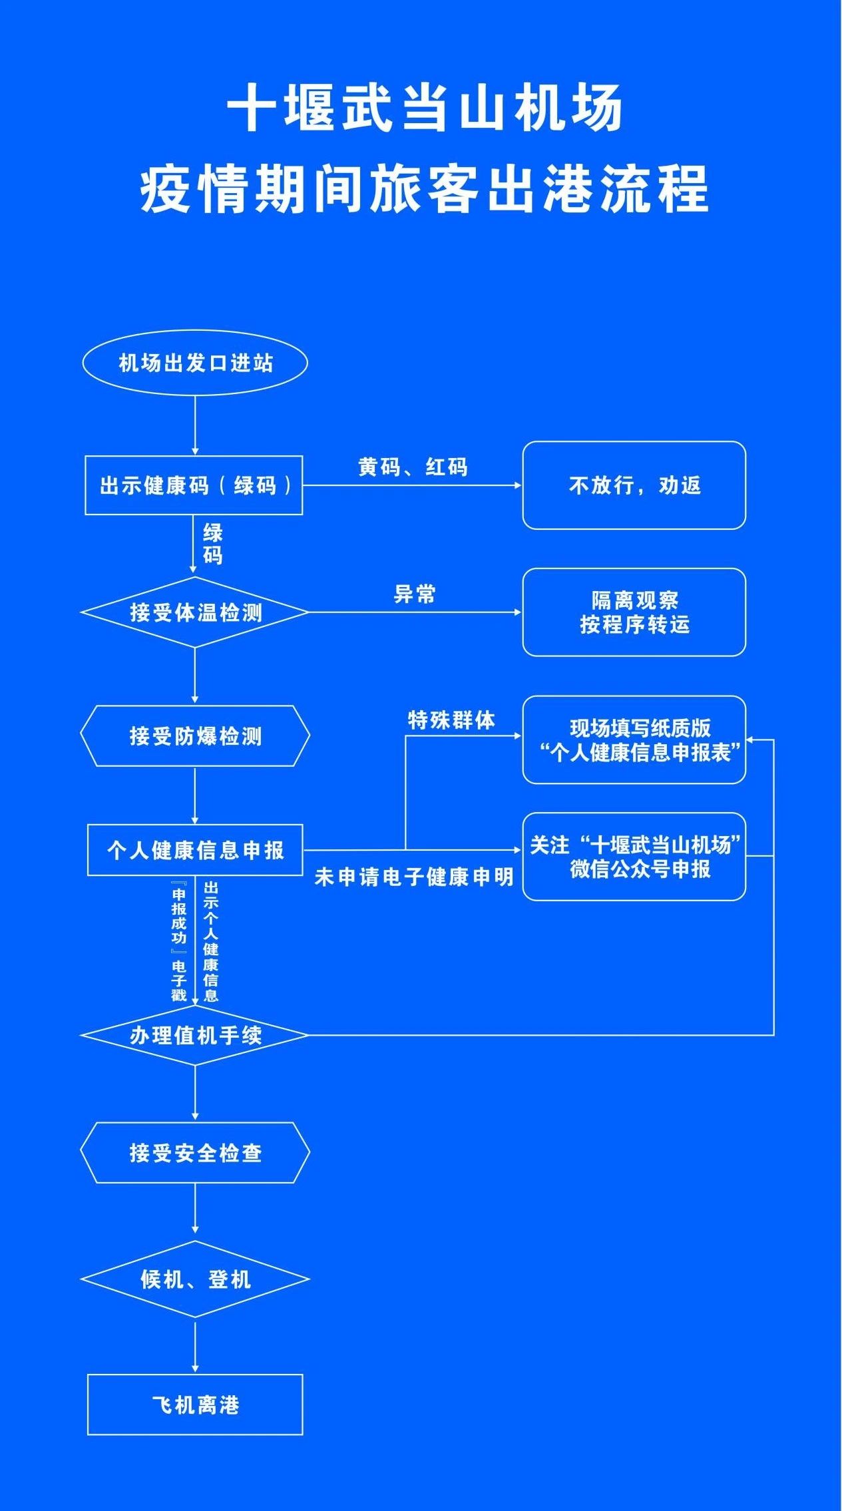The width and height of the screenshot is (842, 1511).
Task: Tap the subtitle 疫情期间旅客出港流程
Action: pyautogui.click(x=425, y=190)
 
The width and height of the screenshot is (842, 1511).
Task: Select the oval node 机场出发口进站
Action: pyautogui.click(x=195, y=363)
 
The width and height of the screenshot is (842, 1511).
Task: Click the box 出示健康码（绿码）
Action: pyautogui.click(x=194, y=485)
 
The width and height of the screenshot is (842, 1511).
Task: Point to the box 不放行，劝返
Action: pyautogui.click(x=634, y=485)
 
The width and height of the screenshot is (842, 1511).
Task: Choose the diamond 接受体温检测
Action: pyautogui.click(x=195, y=612)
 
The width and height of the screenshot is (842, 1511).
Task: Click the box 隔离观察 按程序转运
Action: pyautogui.click(x=634, y=612)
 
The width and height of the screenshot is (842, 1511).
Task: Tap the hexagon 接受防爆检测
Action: pyautogui.click(x=195, y=736)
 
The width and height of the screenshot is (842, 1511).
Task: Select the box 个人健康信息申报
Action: pyautogui.click(x=195, y=850)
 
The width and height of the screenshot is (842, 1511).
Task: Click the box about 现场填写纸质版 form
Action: pyautogui.click(x=634, y=740)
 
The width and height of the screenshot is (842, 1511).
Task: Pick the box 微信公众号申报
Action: pyautogui.click(x=634, y=857)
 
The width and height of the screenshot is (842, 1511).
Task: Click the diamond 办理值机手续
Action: pyautogui.click(x=195, y=1035)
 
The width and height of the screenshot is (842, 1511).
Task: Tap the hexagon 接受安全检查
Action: pyautogui.click(x=195, y=1152)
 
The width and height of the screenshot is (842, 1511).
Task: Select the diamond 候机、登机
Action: pyautogui.click(x=195, y=1279)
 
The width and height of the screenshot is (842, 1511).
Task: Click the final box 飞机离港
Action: pyautogui.click(x=195, y=1404)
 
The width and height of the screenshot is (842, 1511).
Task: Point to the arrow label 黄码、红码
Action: pyautogui.click(x=413, y=467)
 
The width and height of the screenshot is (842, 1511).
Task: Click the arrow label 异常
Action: pyautogui.click(x=414, y=594)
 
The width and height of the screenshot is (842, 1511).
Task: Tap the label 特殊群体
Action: pyautogui.click(x=451, y=720)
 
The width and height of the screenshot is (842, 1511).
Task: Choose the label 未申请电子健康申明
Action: pyautogui.click(x=414, y=877)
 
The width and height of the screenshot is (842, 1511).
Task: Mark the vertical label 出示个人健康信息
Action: pyautogui.click(x=211, y=942)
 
